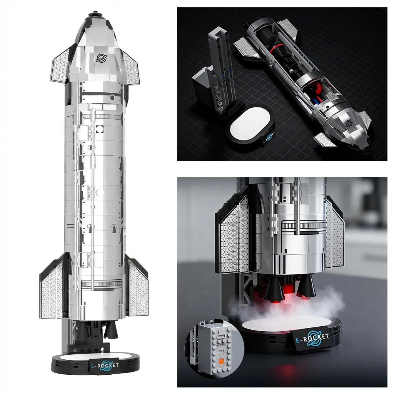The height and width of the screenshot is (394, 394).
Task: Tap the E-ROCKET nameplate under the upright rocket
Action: click(104, 366)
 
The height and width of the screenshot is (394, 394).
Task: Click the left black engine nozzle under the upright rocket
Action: click(82, 331)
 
